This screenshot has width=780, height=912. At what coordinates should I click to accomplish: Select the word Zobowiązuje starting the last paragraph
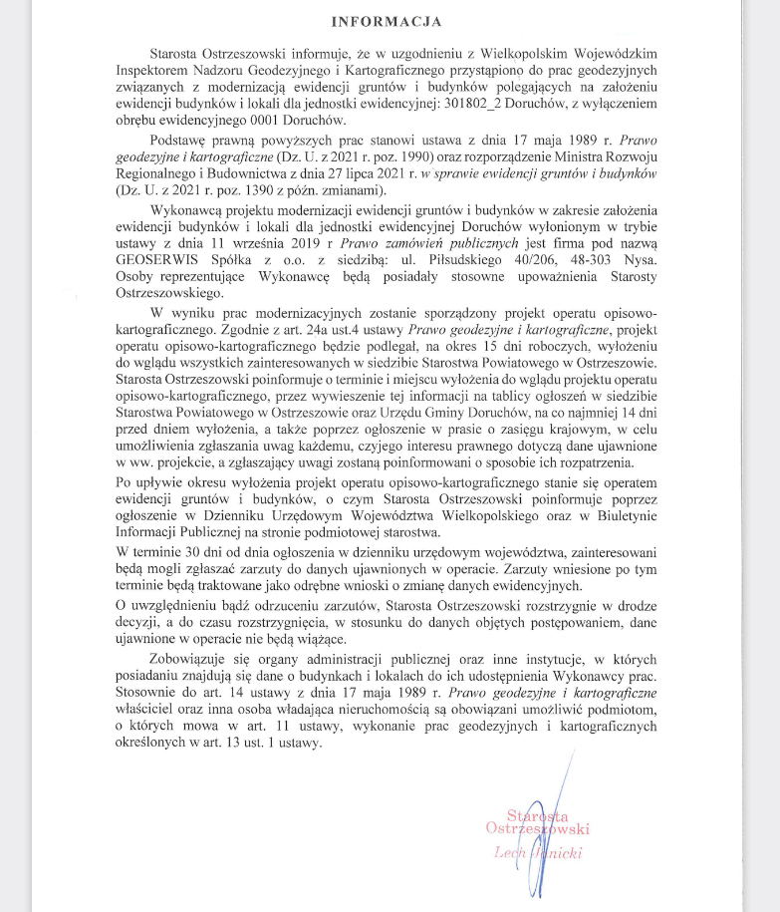192,660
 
